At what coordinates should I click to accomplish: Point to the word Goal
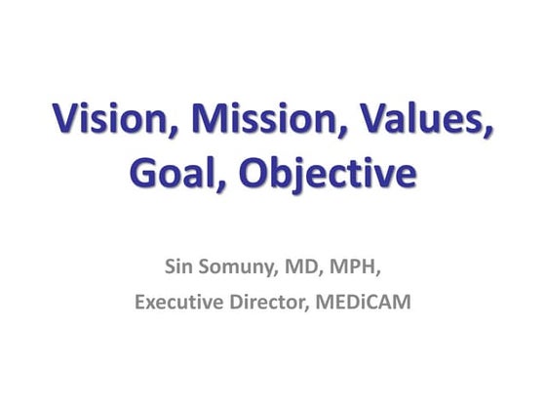click(x=175, y=177)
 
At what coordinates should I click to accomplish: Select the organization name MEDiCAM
click(x=360, y=303)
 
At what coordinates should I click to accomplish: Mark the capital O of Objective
click(x=253, y=177)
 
